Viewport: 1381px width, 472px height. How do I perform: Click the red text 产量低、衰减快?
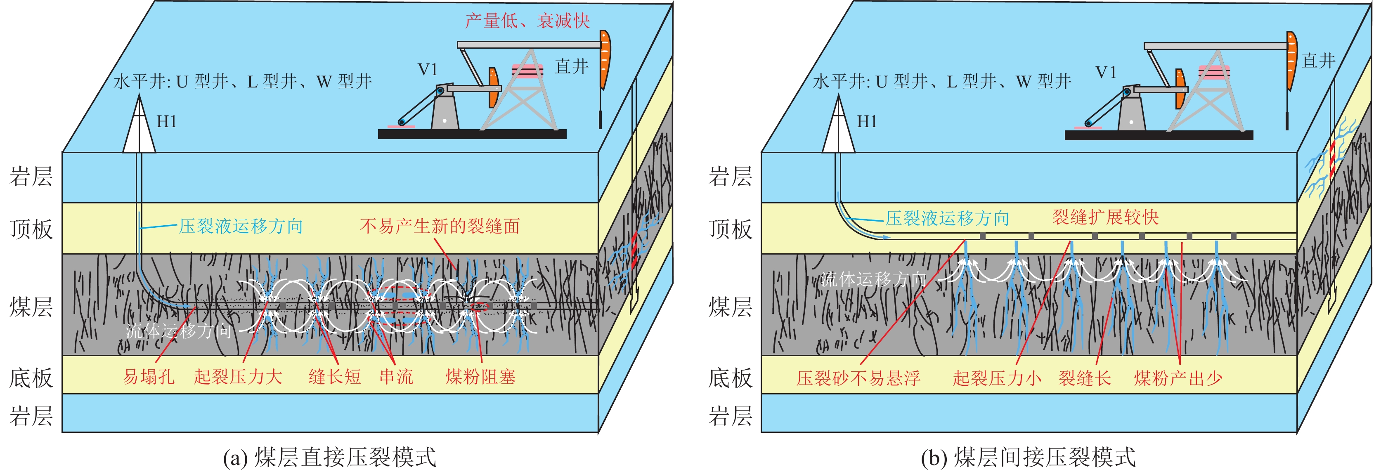(x=527, y=21)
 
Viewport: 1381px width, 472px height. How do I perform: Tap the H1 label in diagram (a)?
(x=166, y=122)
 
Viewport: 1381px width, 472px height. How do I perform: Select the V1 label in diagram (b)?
(x=1105, y=72)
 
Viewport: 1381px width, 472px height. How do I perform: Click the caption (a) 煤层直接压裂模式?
(x=330, y=458)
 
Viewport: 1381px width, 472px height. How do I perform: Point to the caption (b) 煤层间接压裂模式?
(x=1028, y=458)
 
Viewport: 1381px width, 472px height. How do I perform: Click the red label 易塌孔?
(x=149, y=377)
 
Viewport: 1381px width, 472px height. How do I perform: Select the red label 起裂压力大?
(x=238, y=377)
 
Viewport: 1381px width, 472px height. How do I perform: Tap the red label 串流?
(x=396, y=377)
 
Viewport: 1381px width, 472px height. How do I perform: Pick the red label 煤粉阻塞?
(x=480, y=377)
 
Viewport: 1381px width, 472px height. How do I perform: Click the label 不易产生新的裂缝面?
(x=440, y=226)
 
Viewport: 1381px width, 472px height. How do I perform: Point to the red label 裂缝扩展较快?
(x=1105, y=217)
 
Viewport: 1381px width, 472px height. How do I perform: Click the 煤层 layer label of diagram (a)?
(x=31, y=307)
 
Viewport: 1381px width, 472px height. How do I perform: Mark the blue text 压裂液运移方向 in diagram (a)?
(x=241, y=226)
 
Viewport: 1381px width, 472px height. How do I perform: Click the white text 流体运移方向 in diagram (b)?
(x=873, y=278)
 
